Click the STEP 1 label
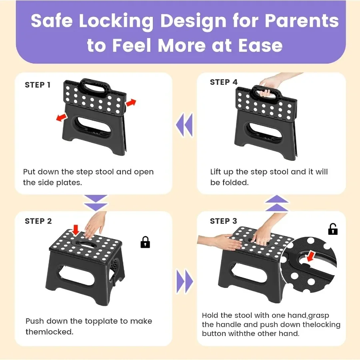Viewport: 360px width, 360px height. click(x=38, y=85)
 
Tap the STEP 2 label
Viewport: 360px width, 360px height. click(x=38, y=221)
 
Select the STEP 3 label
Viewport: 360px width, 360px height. click(x=224, y=221)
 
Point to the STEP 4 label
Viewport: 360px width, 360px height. click(x=224, y=82)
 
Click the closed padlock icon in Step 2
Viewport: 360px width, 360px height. click(x=145, y=242)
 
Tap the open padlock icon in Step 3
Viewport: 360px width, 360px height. click(x=333, y=229)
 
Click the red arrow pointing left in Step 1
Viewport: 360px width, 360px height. click(x=61, y=117)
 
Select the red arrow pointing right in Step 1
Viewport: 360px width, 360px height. click(x=131, y=103)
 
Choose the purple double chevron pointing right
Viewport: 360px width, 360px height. click(x=184, y=282)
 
